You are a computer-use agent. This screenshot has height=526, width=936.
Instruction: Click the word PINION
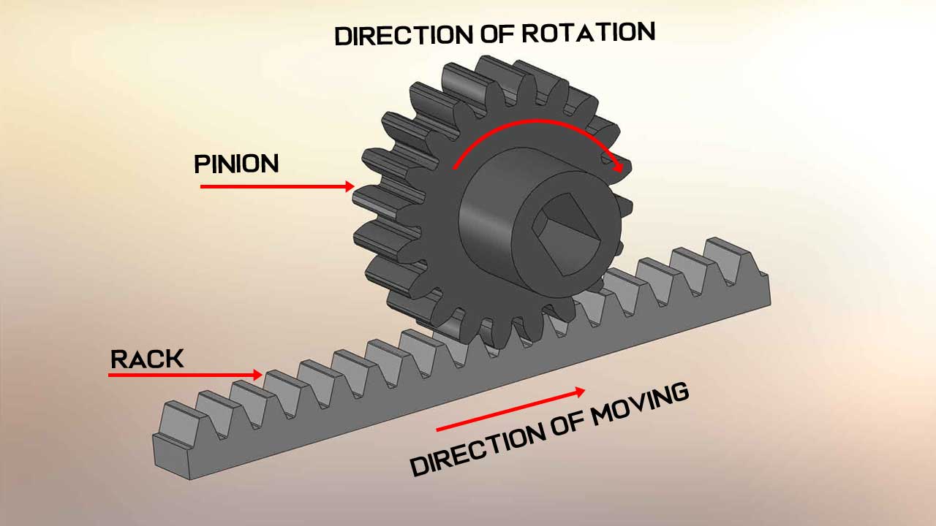[x=236, y=164]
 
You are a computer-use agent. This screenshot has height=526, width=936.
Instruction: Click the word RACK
[x=147, y=359]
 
